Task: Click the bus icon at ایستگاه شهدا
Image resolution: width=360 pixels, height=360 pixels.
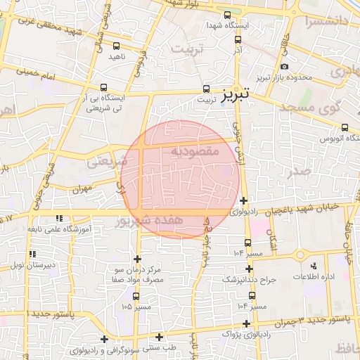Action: (227, 15)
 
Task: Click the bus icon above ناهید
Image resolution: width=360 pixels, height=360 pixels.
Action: (116, 46)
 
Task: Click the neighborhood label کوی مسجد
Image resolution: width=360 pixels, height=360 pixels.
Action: (309, 107)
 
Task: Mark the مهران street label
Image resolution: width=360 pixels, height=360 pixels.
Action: (81, 189)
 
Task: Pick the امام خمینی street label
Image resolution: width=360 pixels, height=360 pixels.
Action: (42, 72)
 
